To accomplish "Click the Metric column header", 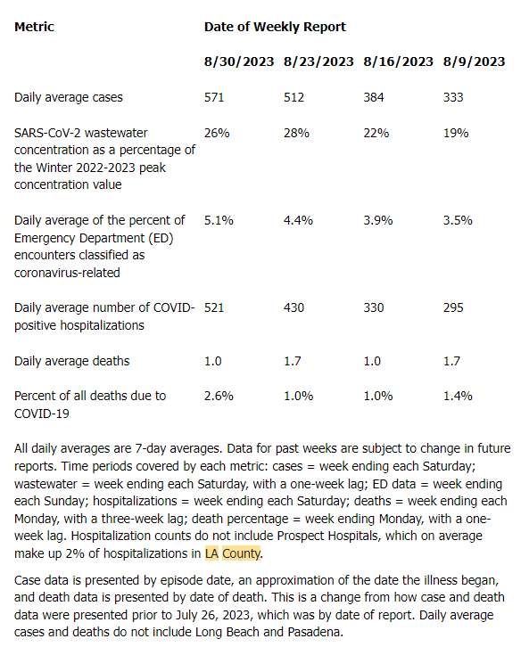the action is (x=34, y=27).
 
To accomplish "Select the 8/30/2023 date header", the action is (x=239, y=61).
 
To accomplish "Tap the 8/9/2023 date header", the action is (x=474, y=61).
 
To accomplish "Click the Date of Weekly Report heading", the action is (x=275, y=27).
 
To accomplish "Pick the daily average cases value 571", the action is (x=214, y=97).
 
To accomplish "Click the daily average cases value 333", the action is (x=453, y=97).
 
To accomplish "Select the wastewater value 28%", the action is (x=296, y=133).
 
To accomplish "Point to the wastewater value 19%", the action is (x=456, y=133).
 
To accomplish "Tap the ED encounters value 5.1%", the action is (x=219, y=220).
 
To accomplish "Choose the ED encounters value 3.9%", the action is (x=378, y=220).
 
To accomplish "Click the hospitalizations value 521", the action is (x=214, y=307).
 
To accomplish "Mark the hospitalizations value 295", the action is (x=453, y=307).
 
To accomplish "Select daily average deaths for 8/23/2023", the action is (x=293, y=361).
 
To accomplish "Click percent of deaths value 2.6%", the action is (x=219, y=396).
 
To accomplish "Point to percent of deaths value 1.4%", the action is (x=458, y=396).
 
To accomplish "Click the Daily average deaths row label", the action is (x=72, y=362).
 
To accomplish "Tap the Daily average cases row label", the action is (x=69, y=98).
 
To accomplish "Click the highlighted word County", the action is (x=242, y=553).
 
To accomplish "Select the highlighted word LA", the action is (x=211, y=553).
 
